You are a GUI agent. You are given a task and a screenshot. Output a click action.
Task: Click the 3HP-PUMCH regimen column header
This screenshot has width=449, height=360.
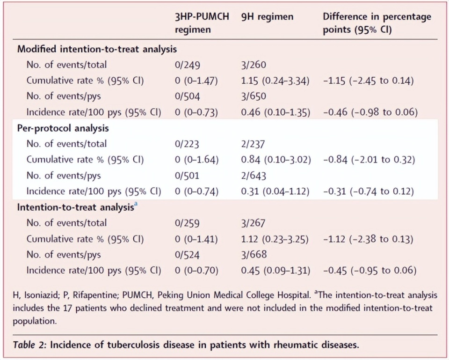coord(202,23)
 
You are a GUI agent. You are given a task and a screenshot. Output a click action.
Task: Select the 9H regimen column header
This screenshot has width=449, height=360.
coord(267,17)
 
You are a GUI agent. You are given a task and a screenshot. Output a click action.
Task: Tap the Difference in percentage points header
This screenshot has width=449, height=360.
coord(377,23)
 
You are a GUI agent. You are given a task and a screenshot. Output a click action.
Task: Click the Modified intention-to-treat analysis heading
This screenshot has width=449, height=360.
coord(97,49)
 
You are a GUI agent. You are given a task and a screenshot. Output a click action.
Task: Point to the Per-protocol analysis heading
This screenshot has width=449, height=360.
coord(63,128)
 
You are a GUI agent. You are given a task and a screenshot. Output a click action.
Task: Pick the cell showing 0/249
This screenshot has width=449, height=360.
coord(188,65)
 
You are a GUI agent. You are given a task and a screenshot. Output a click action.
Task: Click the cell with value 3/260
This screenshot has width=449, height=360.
coord(253,65)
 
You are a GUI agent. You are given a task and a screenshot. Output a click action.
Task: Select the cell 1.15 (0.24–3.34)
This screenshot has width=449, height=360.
coord(275,81)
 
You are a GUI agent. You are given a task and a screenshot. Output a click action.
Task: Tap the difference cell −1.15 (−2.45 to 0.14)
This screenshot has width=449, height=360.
coord(369,81)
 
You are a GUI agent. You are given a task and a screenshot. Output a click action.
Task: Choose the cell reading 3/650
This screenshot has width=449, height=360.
coord(253,96)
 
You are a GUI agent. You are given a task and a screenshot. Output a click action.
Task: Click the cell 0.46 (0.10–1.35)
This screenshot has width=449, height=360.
coord(275,112)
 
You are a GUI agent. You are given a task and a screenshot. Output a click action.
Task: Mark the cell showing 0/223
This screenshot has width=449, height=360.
coord(187,144)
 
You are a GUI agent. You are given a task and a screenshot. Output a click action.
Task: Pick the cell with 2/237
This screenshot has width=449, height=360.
coord(253,144)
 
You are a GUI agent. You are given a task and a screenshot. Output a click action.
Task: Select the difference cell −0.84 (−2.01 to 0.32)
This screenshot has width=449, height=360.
coord(369,160)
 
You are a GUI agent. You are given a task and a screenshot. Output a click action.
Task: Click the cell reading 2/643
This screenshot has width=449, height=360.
coord(253,176)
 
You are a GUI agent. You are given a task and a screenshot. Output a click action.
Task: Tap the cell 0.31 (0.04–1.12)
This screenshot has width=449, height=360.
coord(275,191)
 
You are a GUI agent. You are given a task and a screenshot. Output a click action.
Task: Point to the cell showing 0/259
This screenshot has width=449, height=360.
coord(187,223)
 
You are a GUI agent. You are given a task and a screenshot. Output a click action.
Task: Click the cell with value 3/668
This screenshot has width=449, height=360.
coord(253,255)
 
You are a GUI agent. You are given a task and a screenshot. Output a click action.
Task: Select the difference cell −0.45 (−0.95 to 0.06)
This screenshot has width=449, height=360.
coord(369,270)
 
